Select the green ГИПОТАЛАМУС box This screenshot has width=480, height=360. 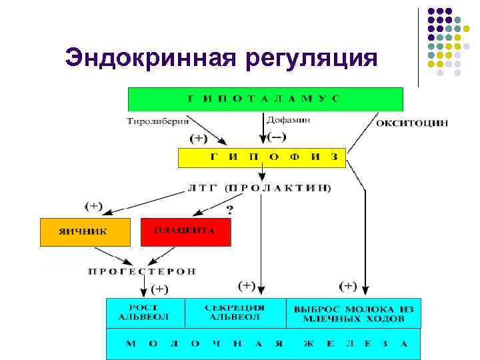pos(265,99)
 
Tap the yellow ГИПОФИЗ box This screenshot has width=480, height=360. pos(261,158)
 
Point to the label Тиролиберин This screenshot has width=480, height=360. pos(157,121)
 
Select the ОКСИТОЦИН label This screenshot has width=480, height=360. pos(412,123)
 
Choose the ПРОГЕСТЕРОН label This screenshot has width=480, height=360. pos(143,271)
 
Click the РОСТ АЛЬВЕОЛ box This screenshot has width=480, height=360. pos(144,312)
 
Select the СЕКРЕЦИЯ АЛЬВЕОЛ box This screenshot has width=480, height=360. pos(237,312)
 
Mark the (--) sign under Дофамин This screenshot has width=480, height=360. pos(276,137)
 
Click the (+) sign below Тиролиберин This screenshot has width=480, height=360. pos(199,139)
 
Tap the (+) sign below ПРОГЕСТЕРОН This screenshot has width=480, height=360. pos(160,289)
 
